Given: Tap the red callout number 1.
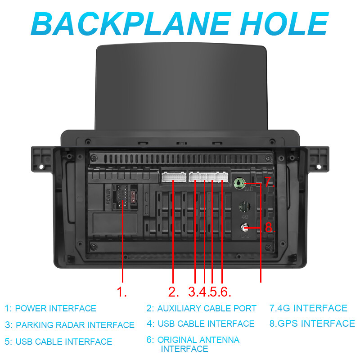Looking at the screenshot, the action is pos(121,292).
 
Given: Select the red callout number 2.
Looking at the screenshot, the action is pos(173,292).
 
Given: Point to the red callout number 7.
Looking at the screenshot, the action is pos(269,182).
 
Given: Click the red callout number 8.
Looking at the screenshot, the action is pos(270,228).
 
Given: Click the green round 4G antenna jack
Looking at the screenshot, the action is pos(239,183).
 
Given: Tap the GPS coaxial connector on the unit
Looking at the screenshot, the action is pos(245,228).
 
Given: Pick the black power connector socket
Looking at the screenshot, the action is pos(121,196).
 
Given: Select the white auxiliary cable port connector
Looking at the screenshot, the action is pos(173,176).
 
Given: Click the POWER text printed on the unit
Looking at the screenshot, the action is pos(108,197).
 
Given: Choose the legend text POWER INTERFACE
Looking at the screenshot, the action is pos(55,309).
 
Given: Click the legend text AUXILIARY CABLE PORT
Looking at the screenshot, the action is pos(207,309).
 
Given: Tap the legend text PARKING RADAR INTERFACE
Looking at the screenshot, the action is pos(75,325).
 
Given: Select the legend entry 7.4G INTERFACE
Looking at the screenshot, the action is pos(308,309).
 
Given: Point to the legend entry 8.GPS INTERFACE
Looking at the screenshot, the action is pos(312,324).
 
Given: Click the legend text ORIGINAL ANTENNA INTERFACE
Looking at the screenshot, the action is pos(198,344).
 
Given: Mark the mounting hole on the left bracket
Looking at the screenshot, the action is pos(41,167).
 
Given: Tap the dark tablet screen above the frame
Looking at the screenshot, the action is pos(180,85).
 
